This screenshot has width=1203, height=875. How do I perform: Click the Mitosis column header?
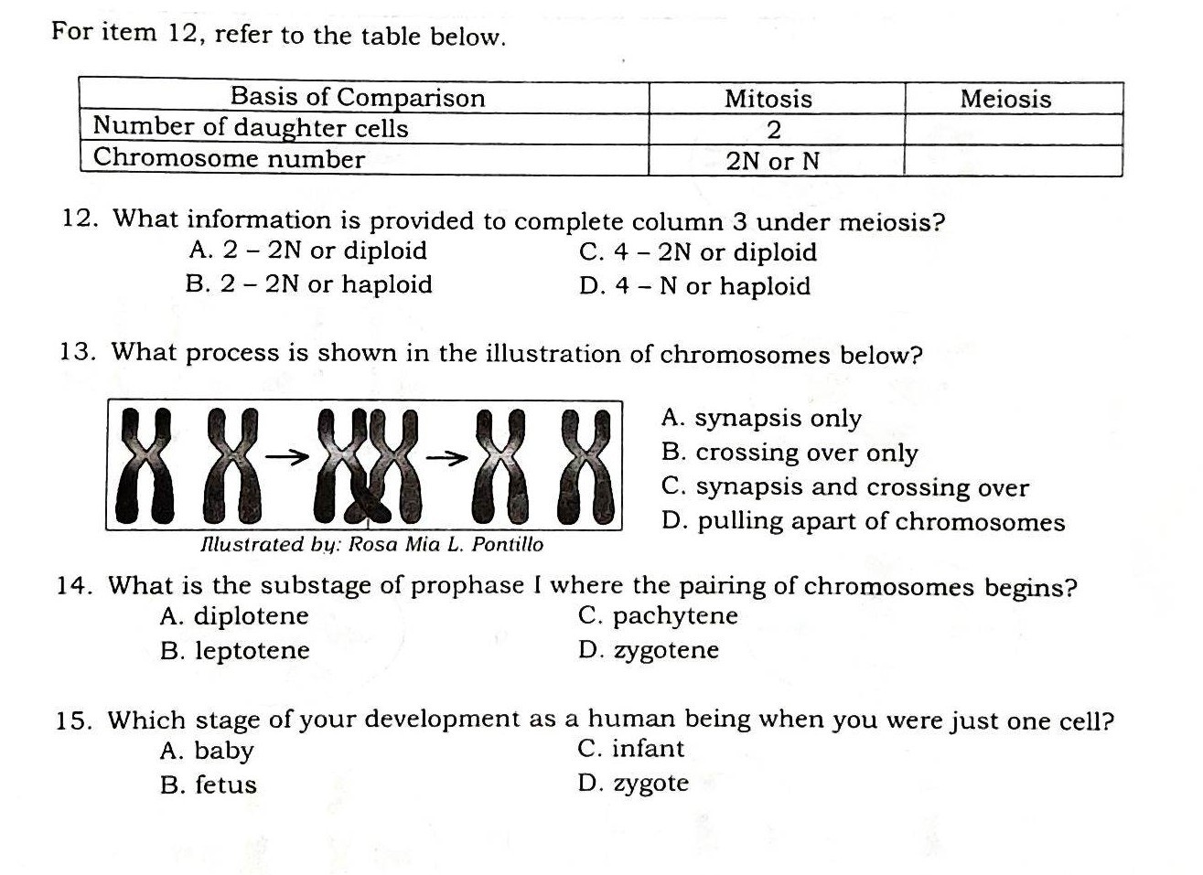(768, 99)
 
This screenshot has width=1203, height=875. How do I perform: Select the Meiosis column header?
(1005, 99)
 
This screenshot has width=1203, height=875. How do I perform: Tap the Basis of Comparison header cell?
(357, 97)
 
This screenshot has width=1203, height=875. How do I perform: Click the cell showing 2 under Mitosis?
(773, 130)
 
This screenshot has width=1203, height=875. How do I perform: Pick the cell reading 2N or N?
(773, 162)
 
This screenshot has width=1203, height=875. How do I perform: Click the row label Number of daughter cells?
(251, 128)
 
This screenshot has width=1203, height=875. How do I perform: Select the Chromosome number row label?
(229, 159)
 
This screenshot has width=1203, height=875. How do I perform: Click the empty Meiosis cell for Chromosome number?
(1012, 161)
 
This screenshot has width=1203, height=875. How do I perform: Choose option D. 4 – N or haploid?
(694, 286)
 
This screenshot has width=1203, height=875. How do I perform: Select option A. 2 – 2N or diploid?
(307, 251)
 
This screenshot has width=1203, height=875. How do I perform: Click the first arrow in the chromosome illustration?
(285, 455)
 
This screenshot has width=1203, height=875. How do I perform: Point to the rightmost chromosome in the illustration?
(587, 464)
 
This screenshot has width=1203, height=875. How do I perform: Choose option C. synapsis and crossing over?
(844, 487)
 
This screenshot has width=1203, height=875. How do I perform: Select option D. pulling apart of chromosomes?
(863, 522)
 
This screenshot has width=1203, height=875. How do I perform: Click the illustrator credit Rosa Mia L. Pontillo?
(371, 545)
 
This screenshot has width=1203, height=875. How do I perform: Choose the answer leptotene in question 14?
(235, 651)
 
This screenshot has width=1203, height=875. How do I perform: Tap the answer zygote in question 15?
(634, 784)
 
